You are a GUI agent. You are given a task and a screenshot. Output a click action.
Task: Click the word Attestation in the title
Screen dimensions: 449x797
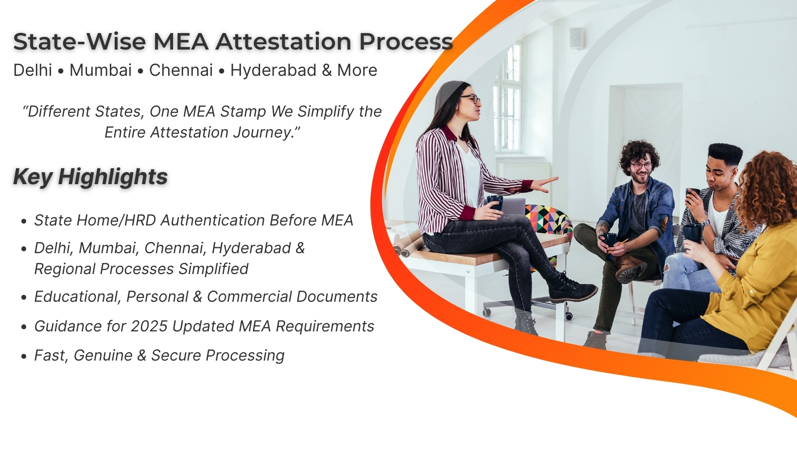tap(284, 42)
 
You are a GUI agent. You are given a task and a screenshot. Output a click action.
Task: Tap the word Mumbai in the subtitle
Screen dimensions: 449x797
tap(101, 70)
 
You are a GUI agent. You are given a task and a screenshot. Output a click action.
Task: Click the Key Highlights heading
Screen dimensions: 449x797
tap(90, 177)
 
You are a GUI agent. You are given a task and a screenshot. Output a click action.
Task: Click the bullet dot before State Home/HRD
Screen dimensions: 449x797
tap(24, 222)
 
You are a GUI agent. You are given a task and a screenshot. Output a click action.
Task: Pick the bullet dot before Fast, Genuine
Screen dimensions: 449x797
tap(24, 357)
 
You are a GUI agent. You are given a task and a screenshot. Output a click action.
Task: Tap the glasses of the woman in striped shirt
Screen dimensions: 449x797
tap(470, 99)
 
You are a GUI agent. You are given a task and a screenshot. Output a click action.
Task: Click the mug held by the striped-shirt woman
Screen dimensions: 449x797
tap(495, 202)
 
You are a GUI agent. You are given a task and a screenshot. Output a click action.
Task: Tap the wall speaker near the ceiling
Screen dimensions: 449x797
tap(577, 37)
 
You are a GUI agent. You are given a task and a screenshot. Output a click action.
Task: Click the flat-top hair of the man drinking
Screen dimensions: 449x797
tap(725, 153)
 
